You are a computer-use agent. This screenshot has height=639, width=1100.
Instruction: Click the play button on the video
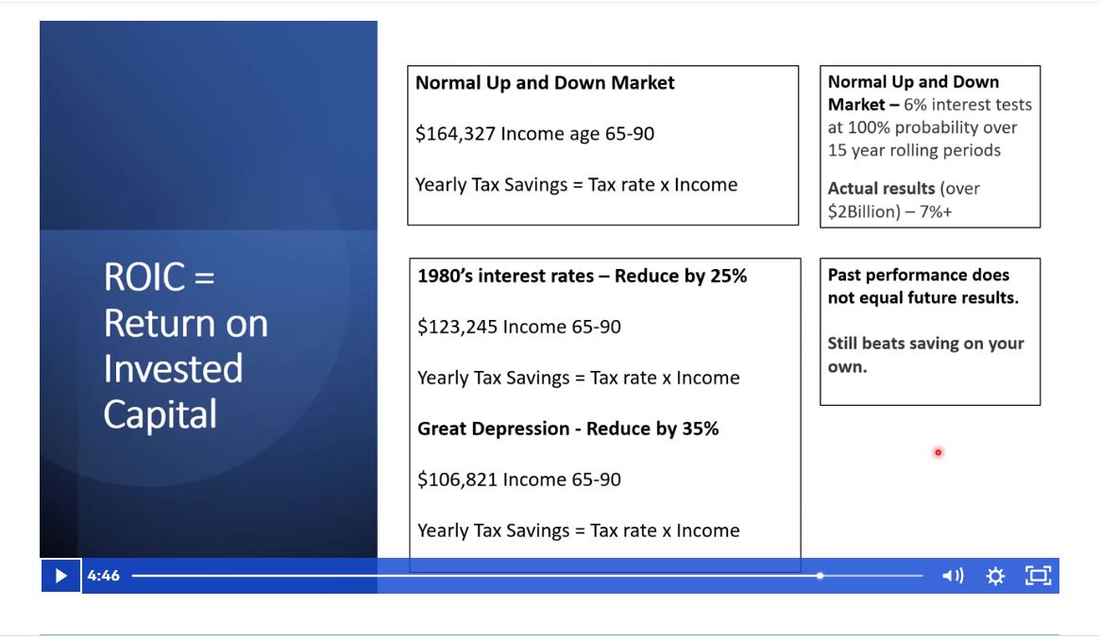tap(60, 576)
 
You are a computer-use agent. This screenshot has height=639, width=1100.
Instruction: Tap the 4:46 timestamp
tap(104, 576)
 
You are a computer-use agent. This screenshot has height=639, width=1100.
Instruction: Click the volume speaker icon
tap(953, 576)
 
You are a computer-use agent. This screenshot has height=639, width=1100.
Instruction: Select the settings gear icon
tap(995, 576)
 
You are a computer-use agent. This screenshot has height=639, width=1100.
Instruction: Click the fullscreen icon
tap(1038, 576)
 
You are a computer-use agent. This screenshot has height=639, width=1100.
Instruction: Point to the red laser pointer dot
tap(938, 453)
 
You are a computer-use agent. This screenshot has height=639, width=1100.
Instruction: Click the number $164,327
tap(455, 134)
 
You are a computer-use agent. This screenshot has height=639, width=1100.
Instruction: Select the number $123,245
tap(457, 328)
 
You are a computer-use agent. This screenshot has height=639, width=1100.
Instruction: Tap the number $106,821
tap(457, 480)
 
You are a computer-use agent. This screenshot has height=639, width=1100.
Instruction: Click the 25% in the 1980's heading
tap(727, 277)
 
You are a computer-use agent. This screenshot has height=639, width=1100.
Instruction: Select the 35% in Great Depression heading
tap(699, 429)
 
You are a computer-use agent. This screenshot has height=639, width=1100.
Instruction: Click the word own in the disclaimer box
tap(847, 367)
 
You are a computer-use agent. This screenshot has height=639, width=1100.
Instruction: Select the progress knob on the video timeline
tap(820, 576)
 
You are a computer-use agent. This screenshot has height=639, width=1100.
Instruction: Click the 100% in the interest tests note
tap(869, 127)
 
